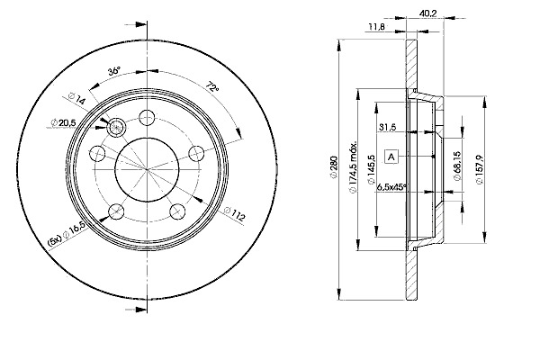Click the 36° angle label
coord(113,70)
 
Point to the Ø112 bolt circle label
coord(234,217)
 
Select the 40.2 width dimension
coord(427,13)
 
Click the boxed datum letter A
coord(391,157)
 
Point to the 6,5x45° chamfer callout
coord(391,186)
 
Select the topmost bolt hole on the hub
coord(148,115)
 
